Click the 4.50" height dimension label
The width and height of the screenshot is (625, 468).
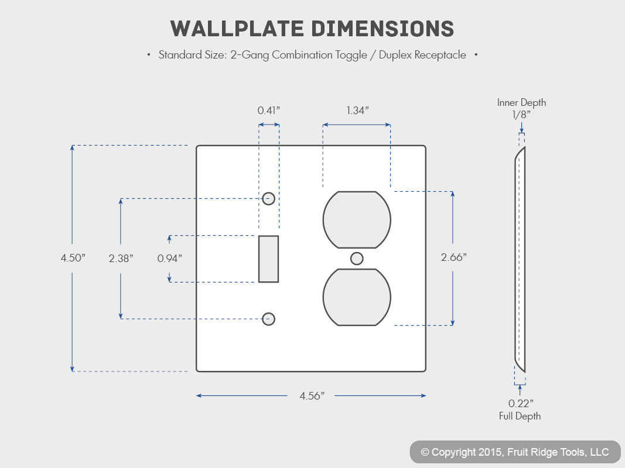click(x=73, y=258)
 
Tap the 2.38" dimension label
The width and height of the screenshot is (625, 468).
click(x=121, y=258)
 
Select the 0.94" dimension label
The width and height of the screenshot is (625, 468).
click(x=169, y=259)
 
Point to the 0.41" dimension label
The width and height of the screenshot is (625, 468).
click(x=269, y=110)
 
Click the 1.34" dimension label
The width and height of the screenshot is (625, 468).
click(x=357, y=110)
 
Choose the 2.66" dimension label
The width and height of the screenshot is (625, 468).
click(x=453, y=257)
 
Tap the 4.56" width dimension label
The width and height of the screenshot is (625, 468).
click(x=312, y=396)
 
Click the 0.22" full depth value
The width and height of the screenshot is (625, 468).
click(x=521, y=404)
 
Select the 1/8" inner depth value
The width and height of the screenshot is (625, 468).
click(x=521, y=115)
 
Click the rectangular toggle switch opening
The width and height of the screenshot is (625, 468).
click(x=269, y=259)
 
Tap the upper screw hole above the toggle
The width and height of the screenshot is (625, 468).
click(x=269, y=198)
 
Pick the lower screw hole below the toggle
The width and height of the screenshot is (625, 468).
click(x=269, y=319)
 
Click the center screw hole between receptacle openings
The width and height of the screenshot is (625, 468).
click(x=357, y=259)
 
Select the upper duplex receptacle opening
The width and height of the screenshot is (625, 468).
click(x=357, y=220)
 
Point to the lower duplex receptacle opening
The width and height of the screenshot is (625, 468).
click(x=357, y=297)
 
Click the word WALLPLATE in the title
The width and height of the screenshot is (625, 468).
click(x=237, y=29)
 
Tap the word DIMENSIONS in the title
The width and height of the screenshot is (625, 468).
click(x=382, y=29)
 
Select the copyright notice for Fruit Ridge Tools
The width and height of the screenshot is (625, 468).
click(x=515, y=452)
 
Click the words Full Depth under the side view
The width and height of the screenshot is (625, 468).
click(x=520, y=417)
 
